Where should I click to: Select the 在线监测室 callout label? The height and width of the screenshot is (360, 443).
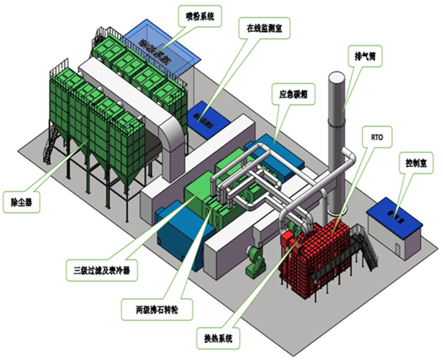(265, 28)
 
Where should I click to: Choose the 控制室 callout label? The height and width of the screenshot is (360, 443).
(415, 164)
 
